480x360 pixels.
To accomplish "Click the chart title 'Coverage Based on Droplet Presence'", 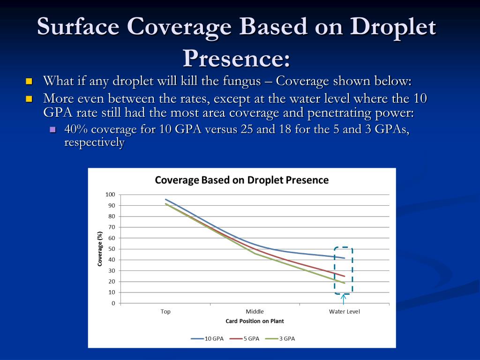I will (242, 180).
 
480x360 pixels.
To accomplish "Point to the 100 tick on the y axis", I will (110, 195).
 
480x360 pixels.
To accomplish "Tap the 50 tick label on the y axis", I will (111, 249).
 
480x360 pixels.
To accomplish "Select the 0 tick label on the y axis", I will (113, 303).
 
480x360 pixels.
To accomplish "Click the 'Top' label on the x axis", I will (165, 312).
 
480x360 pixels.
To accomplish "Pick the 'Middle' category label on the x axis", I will (255, 312).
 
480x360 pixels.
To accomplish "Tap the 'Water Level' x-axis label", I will (345, 312).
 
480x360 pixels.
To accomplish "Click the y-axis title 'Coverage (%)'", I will (100, 249).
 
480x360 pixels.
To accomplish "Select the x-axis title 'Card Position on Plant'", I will (255, 321).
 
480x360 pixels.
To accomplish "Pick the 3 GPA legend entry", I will (280, 338).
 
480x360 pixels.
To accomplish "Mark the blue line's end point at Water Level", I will (345, 258).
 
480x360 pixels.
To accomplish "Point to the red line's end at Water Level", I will (345, 276).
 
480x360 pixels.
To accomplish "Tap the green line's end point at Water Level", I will (345, 283).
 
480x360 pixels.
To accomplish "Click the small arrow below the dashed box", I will (343, 299).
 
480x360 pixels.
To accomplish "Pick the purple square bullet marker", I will (52, 129).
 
